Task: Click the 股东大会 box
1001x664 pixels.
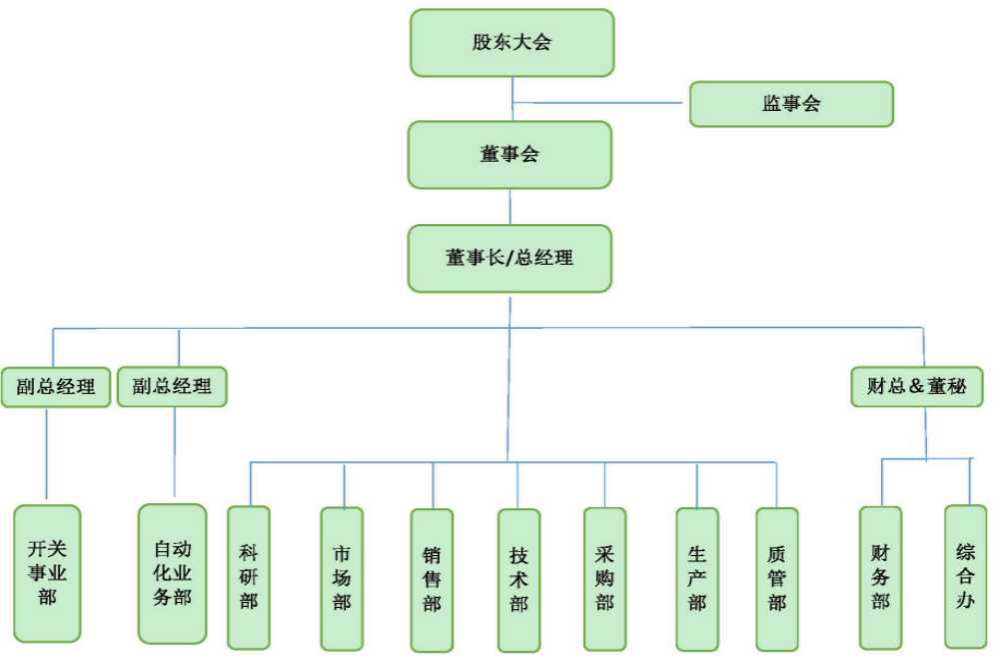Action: click(511, 43)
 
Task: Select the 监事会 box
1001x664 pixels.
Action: click(791, 104)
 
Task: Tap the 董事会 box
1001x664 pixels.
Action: click(509, 155)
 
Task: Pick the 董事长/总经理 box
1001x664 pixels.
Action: click(509, 258)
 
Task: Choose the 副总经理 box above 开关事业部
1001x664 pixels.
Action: click(55, 387)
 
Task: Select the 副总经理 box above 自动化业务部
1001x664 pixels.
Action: click(172, 387)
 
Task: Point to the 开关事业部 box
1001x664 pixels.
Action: click(47, 573)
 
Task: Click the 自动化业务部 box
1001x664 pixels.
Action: click(172, 573)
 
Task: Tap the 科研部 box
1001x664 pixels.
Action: click(249, 577)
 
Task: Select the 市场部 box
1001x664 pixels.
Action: click(342, 578)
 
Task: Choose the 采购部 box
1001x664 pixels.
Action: click(604, 579)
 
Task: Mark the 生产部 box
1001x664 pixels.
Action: click(696, 579)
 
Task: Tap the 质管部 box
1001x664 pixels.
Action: click(776, 579)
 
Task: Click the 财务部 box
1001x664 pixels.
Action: click(880, 577)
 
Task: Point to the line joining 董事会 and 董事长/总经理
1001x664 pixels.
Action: click(510, 206)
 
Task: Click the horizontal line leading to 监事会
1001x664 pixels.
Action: click(599, 102)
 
